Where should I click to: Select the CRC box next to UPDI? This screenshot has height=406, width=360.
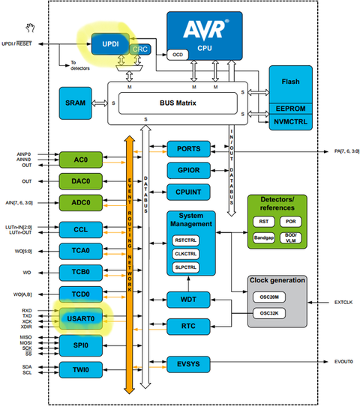pyautogui.click(x=139, y=49)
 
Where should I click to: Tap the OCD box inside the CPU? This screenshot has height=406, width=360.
pyautogui.click(x=178, y=55)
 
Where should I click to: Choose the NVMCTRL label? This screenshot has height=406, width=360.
pyautogui.click(x=290, y=121)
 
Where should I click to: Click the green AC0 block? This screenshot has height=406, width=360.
pyautogui.click(x=81, y=160)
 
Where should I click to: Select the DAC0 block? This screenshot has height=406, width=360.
pyautogui.click(x=81, y=181)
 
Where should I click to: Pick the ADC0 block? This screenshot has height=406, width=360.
pyautogui.click(x=81, y=202)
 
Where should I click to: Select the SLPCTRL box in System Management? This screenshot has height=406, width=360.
pyautogui.click(x=184, y=267)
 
